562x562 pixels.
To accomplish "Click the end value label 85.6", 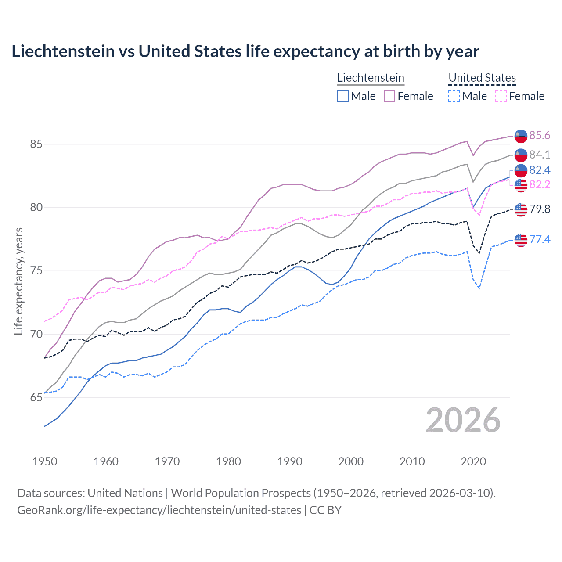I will click(x=539, y=135).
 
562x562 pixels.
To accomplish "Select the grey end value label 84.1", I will click(x=539, y=155).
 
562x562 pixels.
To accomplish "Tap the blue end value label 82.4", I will click(x=539, y=170).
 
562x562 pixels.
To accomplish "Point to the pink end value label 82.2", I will click(x=539, y=184).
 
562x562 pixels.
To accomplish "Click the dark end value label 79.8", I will click(x=539, y=209).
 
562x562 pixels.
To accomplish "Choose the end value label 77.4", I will click(x=539, y=239).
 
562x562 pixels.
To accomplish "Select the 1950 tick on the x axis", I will click(x=45, y=461).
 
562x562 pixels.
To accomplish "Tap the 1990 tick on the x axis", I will click(x=290, y=461).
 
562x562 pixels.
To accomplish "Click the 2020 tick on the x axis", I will click(x=473, y=461).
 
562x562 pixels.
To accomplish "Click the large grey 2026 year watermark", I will click(x=463, y=420).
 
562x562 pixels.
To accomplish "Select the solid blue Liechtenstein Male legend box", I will click(x=343, y=96).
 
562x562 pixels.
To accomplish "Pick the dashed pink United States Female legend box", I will click(x=501, y=96).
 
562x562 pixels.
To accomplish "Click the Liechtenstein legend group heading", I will click(x=371, y=78).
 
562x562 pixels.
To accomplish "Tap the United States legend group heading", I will click(x=482, y=78).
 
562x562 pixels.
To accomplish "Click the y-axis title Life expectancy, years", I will click(x=18, y=281).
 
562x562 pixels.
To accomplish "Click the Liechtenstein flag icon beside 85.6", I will click(x=521, y=136).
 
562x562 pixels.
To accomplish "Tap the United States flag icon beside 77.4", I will click(x=521, y=240).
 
